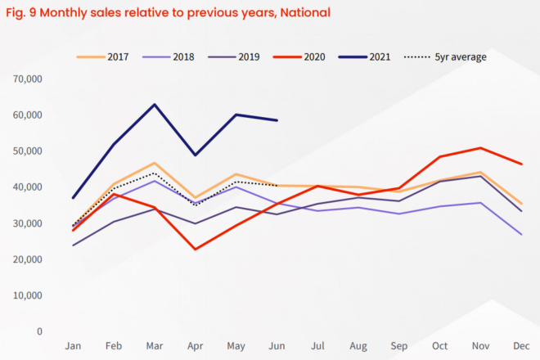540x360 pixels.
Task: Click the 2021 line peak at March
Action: [x=154, y=105]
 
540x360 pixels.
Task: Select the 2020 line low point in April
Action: [x=195, y=249]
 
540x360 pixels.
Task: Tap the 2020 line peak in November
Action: [x=481, y=148]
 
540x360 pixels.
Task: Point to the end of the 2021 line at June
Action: [x=277, y=120]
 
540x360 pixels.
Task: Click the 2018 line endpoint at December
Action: [x=522, y=235]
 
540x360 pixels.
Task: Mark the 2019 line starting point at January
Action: [x=73, y=245]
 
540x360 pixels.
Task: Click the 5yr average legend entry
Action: [x=449, y=57]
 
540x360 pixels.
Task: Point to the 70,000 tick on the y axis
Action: [x=28, y=79]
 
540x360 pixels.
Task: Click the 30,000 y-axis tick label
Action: [x=28, y=223]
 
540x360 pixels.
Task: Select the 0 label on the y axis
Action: [x=38, y=331]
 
